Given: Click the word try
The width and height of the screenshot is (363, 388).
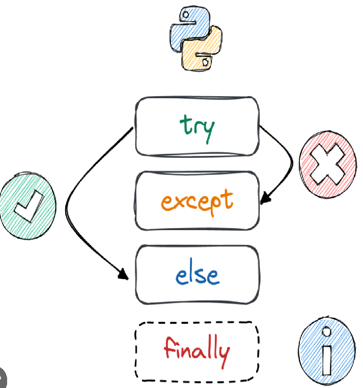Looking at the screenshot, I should coord(197,126).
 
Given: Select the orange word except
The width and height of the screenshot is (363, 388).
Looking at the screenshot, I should coord(197,201).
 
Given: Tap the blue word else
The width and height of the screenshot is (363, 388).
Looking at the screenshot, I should coord(197,275).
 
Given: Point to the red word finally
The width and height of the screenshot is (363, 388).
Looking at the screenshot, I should coord(197,350).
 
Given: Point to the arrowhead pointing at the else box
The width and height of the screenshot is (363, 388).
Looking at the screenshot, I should coord(124,275).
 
